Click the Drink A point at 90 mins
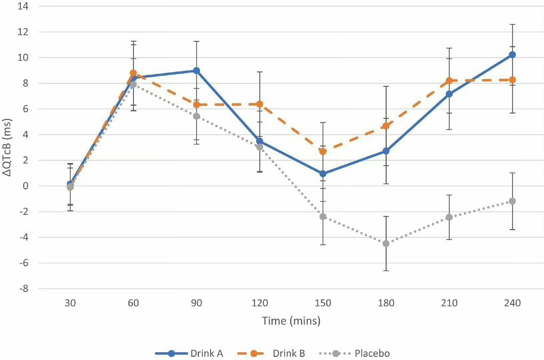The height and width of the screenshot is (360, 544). [197, 71]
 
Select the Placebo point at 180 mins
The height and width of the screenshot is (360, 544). [386, 244]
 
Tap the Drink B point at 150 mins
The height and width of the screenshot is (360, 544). [323, 152]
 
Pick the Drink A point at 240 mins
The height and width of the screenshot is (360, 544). [512, 55]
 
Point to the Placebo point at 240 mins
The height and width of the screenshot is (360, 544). [512, 201]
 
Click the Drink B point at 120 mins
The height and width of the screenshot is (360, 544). [260, 104]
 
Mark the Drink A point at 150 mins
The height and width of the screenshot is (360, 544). [323, 174]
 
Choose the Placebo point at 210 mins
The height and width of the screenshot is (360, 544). [449, 217]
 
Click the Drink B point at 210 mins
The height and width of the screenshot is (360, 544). [449, 81]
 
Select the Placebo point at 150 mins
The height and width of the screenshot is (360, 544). [323, 217]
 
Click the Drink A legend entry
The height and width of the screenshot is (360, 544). [189, 353]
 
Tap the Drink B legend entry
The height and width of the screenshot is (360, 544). [271, 353]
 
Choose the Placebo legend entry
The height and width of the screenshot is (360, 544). [354, 353]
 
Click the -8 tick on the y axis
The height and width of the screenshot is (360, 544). [23, 289]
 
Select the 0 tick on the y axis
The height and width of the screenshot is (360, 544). [25, 186]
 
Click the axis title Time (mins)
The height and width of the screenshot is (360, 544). [291, 321]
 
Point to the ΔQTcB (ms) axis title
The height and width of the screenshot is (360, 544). [7, 147]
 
